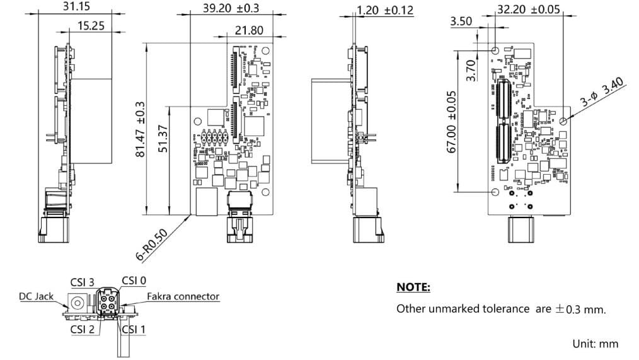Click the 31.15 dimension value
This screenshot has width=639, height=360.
[x=77, y=6]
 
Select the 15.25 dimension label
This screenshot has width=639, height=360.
[x=91, y=26]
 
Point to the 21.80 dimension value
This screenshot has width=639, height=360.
[x=249, y=30]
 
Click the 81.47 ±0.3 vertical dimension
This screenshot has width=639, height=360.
[x=141, y=130]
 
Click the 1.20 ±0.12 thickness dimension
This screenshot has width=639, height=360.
[x=385, y=10]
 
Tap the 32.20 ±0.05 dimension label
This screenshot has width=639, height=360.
[x=528, y=9]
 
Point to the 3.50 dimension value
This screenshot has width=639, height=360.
[x=461, y=22]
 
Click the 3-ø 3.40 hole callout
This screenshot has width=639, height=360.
[x=601, y=92]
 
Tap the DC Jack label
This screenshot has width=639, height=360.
[x=36, y=296]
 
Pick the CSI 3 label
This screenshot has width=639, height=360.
[x=82, y=282]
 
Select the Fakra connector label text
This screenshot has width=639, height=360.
[x=183, y=296]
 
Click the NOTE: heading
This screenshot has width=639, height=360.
[x=413, y=287]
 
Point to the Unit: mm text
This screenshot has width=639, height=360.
[x=595, y=344]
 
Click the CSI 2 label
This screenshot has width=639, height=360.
[x=82, y=328]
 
